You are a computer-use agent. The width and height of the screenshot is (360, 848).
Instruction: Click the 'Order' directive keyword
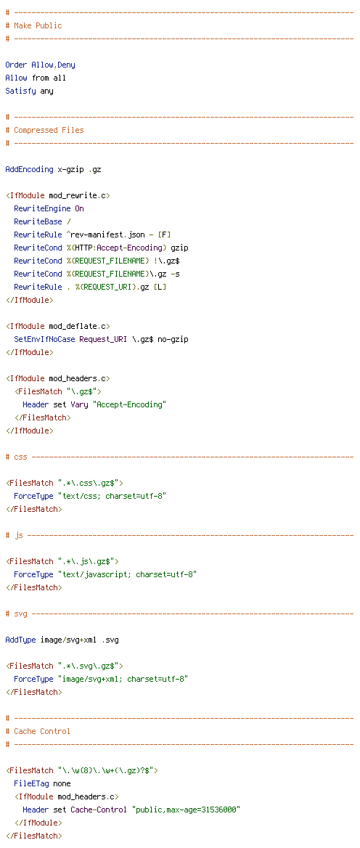click(16, 65)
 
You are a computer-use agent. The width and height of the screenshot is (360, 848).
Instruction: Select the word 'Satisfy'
click(20, 91)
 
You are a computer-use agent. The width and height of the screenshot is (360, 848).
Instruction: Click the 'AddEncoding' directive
click(29, 169)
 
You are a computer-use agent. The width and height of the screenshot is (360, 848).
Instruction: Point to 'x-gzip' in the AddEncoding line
click(71, 169)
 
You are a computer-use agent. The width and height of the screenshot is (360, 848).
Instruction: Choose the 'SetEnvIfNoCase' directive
click(44, 339)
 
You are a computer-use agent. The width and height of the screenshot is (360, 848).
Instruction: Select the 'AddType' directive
click(20, 640)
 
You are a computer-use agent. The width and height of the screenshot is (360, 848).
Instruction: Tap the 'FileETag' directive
click(31, 783)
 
